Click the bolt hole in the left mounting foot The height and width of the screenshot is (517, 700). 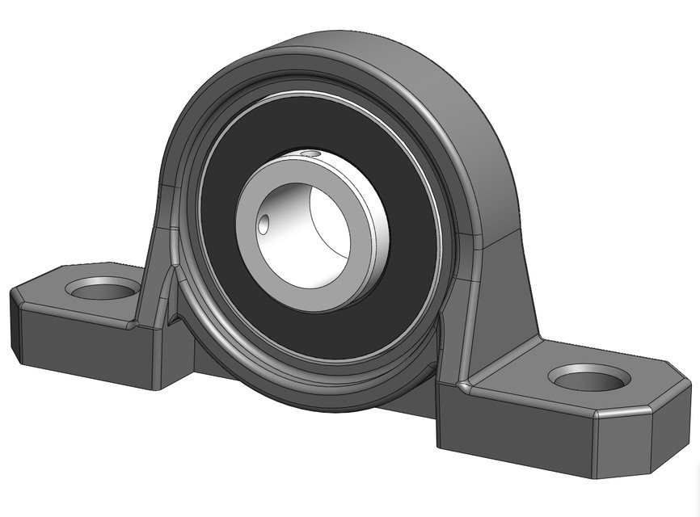pyautogui.click(x=103, y=288)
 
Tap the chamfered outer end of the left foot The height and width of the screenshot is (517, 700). pyautogui.click(x=14, y=323)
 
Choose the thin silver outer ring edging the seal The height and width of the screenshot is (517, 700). pyautogui.click(x=437, y=218)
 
